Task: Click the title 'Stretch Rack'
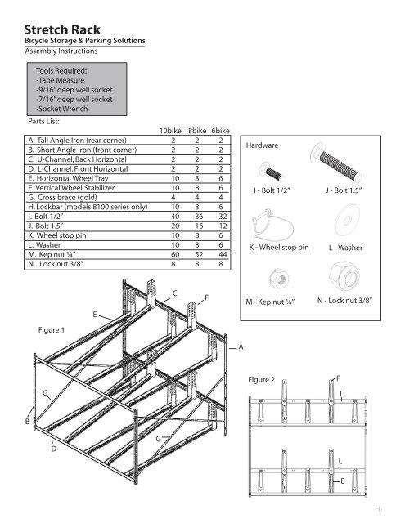pyautogui.click(x=62, y=29)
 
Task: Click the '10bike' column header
pyautogui.click(x=170, y=131)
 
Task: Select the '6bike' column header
pyautogui.click(x=220, y=131)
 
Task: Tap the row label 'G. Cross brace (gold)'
pyautogui.click(x=62, y=198)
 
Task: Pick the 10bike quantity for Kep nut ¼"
pyautogui.click(x=175, y=254)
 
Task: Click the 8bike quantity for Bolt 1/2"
pyautogui.click(x=199, y=217)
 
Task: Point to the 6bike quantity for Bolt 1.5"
pyautogui.click(x=223, y=226)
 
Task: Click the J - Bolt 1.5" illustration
pyautogui.click(x=336, y=163)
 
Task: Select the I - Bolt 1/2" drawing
pyautogui.click(x=272, y=172)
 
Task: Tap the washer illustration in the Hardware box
pyautogui.click(x=347, y=220)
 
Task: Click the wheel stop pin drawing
pyautogui.click(x=272, y=225)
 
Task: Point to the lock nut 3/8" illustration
pyautogui.click(x=345, y=276)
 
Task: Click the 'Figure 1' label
pyautogui.click(x=52, y=330)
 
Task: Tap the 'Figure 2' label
pyautogui.click(x=262, y=380)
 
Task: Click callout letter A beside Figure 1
pyautogui.click(x=241, y=347)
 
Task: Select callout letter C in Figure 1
pyautogui.click(x=174, y=293)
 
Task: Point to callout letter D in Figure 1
pyautogui.click(x=54, y=449)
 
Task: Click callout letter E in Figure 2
pyautogui.click(x=342, y=481)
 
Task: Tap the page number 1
pyautogui.click(x=380, y=509)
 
